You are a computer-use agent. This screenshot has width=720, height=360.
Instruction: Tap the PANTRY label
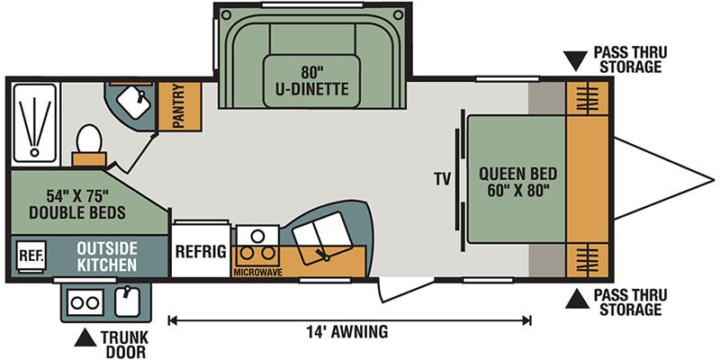(x=179, y=105)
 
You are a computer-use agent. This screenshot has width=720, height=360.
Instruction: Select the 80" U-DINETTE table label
(x=312, y=80)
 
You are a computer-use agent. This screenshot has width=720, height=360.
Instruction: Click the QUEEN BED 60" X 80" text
(x=518, y=181)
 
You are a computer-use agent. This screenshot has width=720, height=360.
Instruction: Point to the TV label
(x=443, y=179)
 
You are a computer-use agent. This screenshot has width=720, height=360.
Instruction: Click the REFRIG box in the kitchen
(x=201, y=251)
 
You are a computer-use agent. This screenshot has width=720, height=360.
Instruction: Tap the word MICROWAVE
(x=257, y=273)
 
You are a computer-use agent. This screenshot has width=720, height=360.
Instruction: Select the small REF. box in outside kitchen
(x=31, y=256)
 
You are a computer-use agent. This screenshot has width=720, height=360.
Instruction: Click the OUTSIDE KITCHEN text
(x=106, y=256)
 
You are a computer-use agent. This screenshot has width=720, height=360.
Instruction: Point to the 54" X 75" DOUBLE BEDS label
(x=77, y=204)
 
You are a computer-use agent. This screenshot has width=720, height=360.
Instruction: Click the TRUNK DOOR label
(x=124, y=345)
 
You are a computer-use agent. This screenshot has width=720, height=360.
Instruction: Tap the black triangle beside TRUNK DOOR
(x=85, y=337)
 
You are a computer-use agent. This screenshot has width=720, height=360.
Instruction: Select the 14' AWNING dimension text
(x=347, y=330)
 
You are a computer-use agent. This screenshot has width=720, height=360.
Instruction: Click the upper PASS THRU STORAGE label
(x=630, y=59)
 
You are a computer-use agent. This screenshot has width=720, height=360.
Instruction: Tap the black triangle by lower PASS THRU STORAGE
(x=577, y=299)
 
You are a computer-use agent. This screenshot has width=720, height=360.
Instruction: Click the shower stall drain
(x=34, y=152)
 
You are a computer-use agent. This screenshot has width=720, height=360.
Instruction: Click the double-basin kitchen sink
(x=322, y=235)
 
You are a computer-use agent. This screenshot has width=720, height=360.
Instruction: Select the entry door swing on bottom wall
(x=406, y=289)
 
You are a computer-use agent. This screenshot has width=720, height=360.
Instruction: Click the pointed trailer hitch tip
(x=714, y=178)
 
